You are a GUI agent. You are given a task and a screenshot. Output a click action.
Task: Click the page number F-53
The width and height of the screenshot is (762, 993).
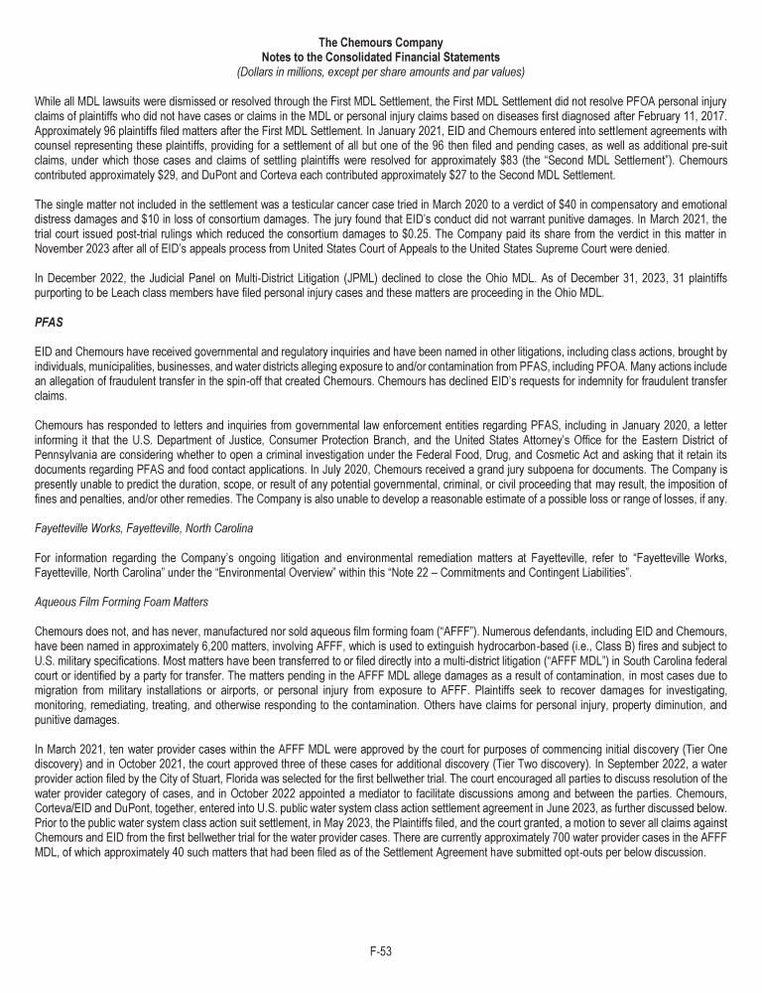coord(381,950)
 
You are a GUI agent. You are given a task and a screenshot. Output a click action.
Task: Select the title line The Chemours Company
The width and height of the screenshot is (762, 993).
coord(381,42)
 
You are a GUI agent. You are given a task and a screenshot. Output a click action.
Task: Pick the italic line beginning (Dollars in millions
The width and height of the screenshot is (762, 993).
coord(381,71)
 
